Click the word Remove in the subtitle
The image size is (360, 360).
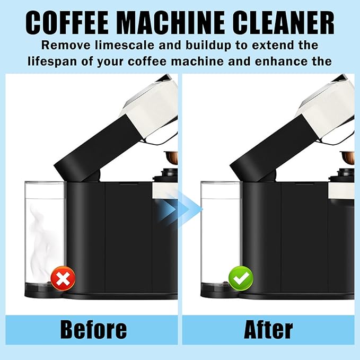click(x=62, y=45)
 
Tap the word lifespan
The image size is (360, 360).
click(x=50, y=62)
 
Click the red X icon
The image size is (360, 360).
click(x=63, y=278)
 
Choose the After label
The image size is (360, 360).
click(x=268, y=330)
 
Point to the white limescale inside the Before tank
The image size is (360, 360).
click(x=42, y=233)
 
